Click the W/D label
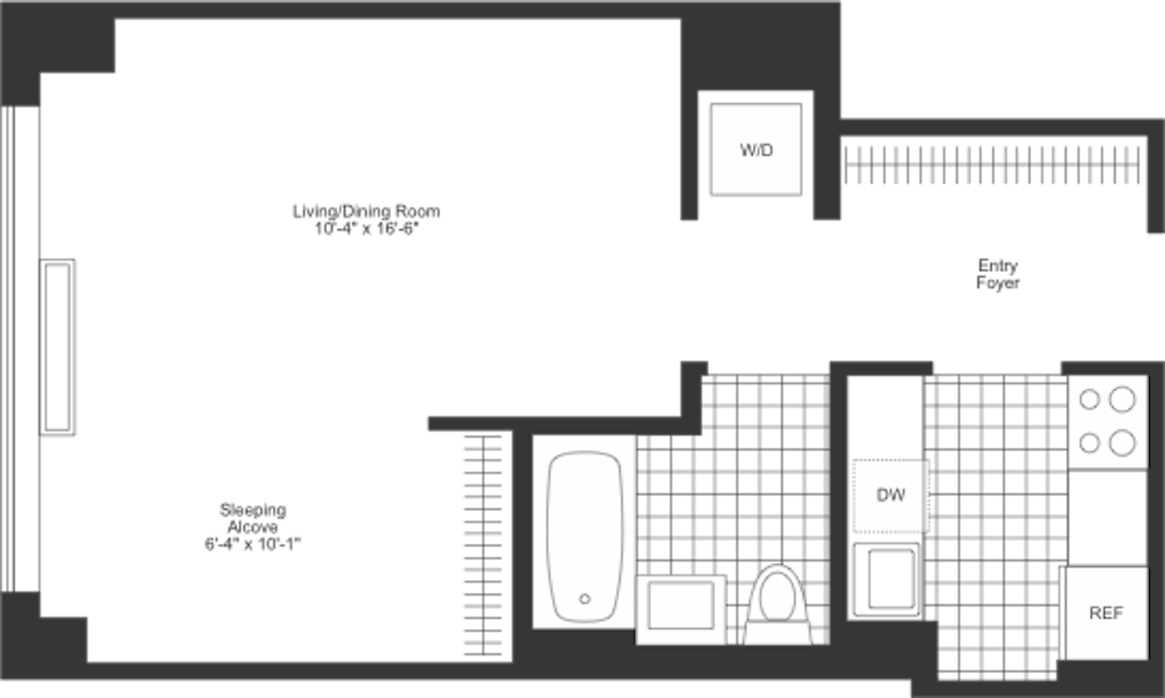point(756,151)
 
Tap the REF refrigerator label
point(1106,613)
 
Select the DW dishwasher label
point(890,495)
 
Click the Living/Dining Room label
point(366,211)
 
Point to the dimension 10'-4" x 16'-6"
point(366,229)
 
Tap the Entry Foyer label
point(998,274)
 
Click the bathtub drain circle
point(584,599)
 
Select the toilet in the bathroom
point(777,604)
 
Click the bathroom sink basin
point(682,606)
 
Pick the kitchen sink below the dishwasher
point(886,579)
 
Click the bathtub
point(584,537)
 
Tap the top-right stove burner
point(1122,399)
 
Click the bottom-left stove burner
point(1089,443)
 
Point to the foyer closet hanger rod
point(992,165)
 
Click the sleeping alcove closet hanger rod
point(483,545)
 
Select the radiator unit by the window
point(57,347)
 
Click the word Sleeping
point(253,510)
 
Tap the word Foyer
point(998,283)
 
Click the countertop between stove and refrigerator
point(1108,517)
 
